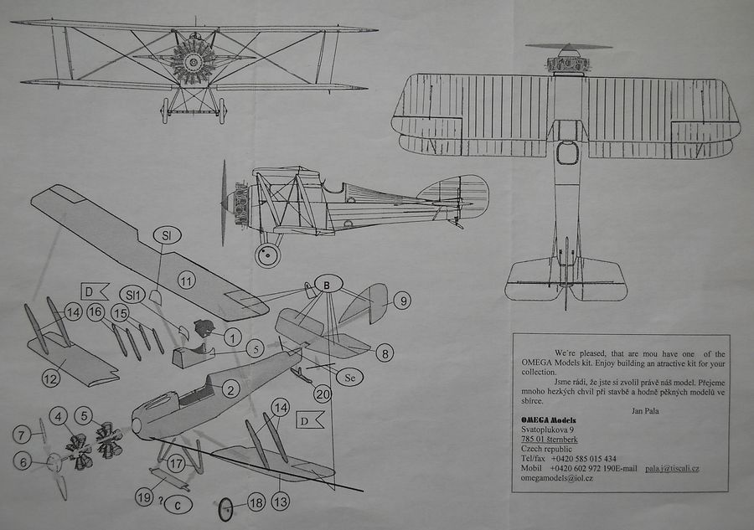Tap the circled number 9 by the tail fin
pos(402,300)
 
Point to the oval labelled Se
pos(351,377)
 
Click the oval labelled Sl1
pos(132,294)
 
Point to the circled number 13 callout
pos(281,502)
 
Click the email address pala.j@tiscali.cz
pos(665,469)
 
